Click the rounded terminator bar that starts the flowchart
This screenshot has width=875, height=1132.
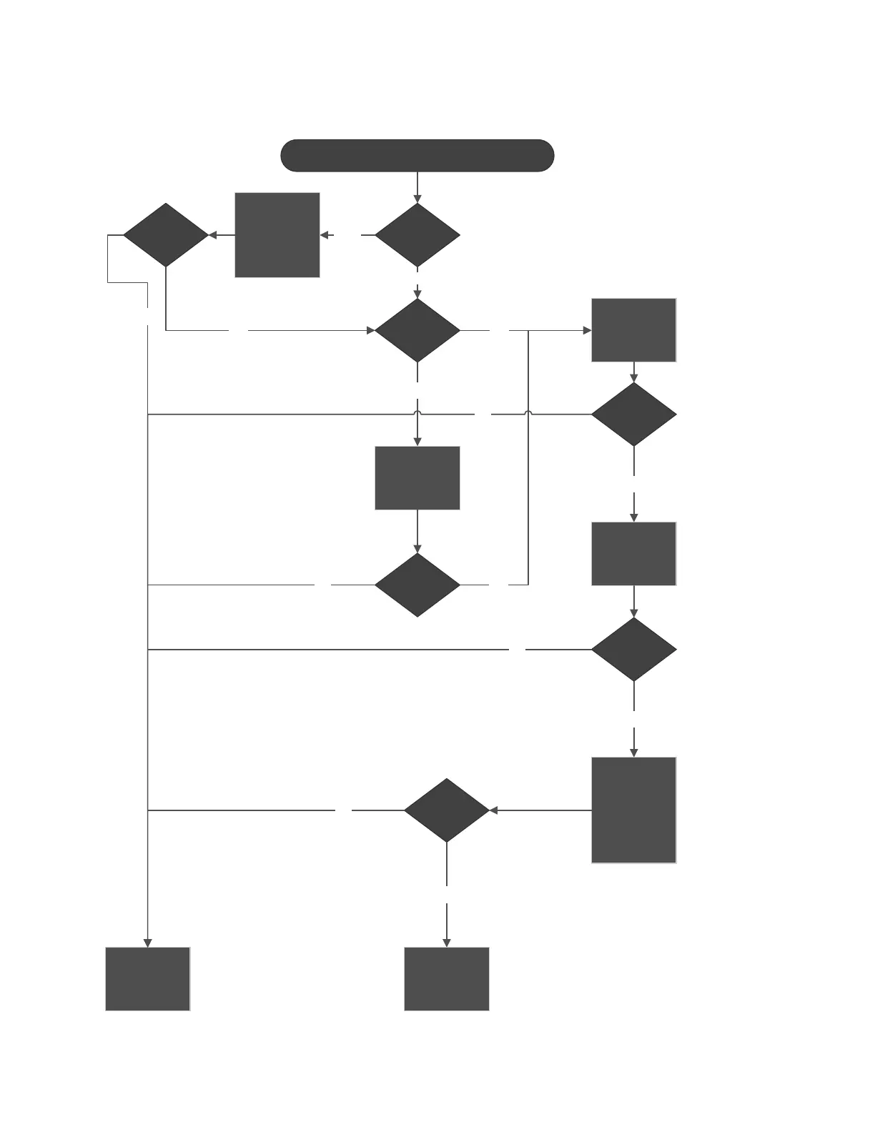(417, 156)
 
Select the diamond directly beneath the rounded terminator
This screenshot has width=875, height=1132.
(417, 235)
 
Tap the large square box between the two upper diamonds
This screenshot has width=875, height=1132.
(277, 234)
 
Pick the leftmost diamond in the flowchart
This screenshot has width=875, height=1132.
(166, 235)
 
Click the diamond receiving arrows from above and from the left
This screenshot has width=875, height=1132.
(417, 330)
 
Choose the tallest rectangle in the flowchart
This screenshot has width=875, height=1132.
(633, 810)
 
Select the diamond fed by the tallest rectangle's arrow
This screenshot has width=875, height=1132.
(447, 810)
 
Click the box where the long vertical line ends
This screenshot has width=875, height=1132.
(148, 979)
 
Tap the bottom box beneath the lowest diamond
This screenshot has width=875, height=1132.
(447, 979)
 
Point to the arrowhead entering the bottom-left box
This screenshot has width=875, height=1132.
(148, 943)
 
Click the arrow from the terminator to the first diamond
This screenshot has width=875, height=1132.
(417, 187)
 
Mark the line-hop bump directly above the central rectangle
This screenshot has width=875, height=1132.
(417, 413)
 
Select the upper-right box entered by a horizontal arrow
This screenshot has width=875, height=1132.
(633, 330)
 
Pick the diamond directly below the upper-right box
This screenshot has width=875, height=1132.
(633, 414)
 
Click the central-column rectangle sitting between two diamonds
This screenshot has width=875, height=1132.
(417, 478)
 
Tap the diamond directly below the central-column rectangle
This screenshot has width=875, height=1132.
(417, 585)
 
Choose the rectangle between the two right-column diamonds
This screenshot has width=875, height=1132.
(633, 554)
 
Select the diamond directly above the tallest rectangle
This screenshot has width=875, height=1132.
(633, 650)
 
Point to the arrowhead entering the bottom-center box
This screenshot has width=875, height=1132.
(447, 943)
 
